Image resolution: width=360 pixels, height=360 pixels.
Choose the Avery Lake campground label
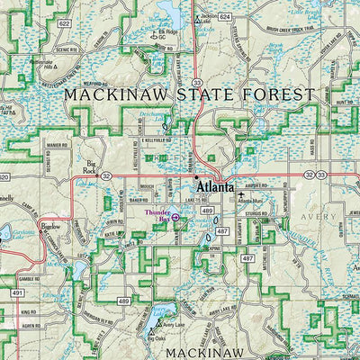pos(176,324)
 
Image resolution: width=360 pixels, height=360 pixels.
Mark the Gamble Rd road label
pos(30,279)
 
